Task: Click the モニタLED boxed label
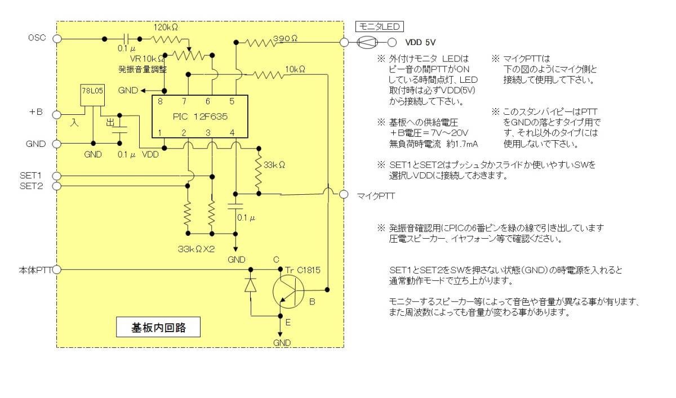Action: (379, 26)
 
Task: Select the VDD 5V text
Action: (420, 42)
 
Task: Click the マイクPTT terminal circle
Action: (343, 194)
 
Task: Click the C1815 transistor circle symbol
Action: (288, 290)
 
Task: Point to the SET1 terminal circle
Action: (57, 175)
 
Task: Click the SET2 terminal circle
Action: (57, 186)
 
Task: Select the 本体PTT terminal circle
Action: (57, 270)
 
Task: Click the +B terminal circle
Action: (57, 114)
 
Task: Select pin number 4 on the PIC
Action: (233, 132)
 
